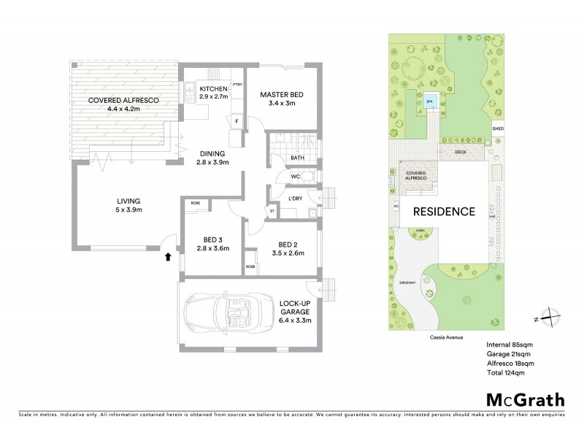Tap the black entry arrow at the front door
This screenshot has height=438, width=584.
click(168, 256)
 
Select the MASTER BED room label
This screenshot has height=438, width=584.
click(282, 96)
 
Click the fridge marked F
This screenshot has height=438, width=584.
click(237, 120)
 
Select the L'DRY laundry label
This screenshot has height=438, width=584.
click(296, 199)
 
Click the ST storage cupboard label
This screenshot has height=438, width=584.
click(272, 212)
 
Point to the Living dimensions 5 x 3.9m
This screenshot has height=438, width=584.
click(128, 210)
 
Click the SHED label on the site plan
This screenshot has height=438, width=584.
click(498, 128)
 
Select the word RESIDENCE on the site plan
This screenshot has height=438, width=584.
click(444, 212)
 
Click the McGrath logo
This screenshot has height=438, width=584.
click(525, 399)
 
